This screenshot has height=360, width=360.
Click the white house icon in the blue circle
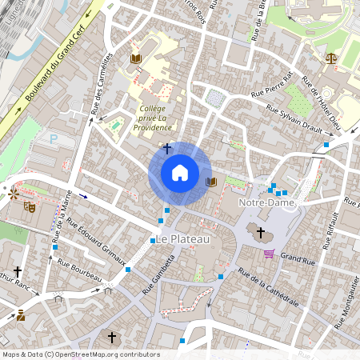[180, 172]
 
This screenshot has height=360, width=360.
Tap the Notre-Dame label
[266, 203]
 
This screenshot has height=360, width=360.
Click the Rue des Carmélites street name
[101, 83]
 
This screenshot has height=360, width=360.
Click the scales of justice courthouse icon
[331, 58]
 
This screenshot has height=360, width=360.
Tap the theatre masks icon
[30, 206]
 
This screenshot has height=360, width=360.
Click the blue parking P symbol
[54, 138]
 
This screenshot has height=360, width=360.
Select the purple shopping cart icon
[269, 254]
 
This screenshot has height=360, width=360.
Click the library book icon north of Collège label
[135, 58]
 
